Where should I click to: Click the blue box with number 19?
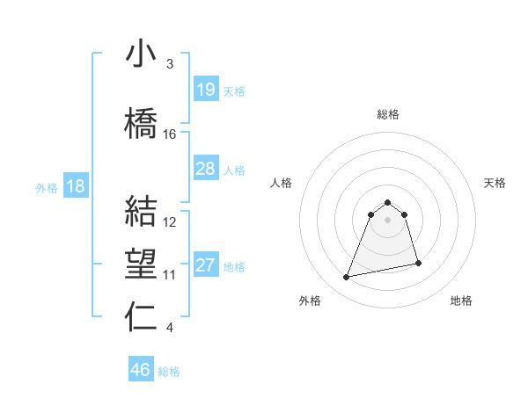click(x=206, y=90)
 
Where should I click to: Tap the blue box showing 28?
click(x=206, y=169)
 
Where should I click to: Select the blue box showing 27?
click(x=206, y=265)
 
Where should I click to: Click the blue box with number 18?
click(x=76, y=186)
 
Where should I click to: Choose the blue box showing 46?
click(x=141, y=370)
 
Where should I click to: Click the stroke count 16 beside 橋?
click(x=170, y=134)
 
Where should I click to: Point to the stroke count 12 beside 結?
click(x=170, y=222)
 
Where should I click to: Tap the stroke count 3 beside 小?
click(x=170, y=64)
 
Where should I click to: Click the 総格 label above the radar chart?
click(x=388, y=114)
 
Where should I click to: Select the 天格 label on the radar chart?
click(x=495, y=183)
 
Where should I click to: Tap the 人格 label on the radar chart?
click(x=282, y=183)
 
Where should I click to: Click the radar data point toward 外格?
click(x=347, y=278)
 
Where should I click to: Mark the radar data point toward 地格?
click(x=418, y=264)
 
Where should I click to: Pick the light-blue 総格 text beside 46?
click(x=169, y=372)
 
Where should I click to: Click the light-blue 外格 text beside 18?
click(x=47, y=187)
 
